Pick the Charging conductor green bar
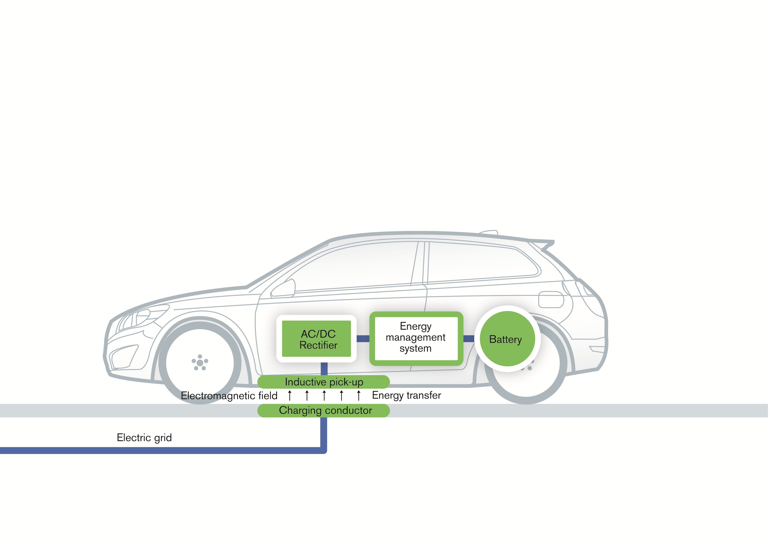pyautogui.click(x=324, y=411)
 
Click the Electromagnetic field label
pyautogui.click(x=229, y=396)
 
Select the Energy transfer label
pyautogui.click(x=406, y=395)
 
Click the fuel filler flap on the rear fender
pyautogui.click(x=551, y=299)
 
